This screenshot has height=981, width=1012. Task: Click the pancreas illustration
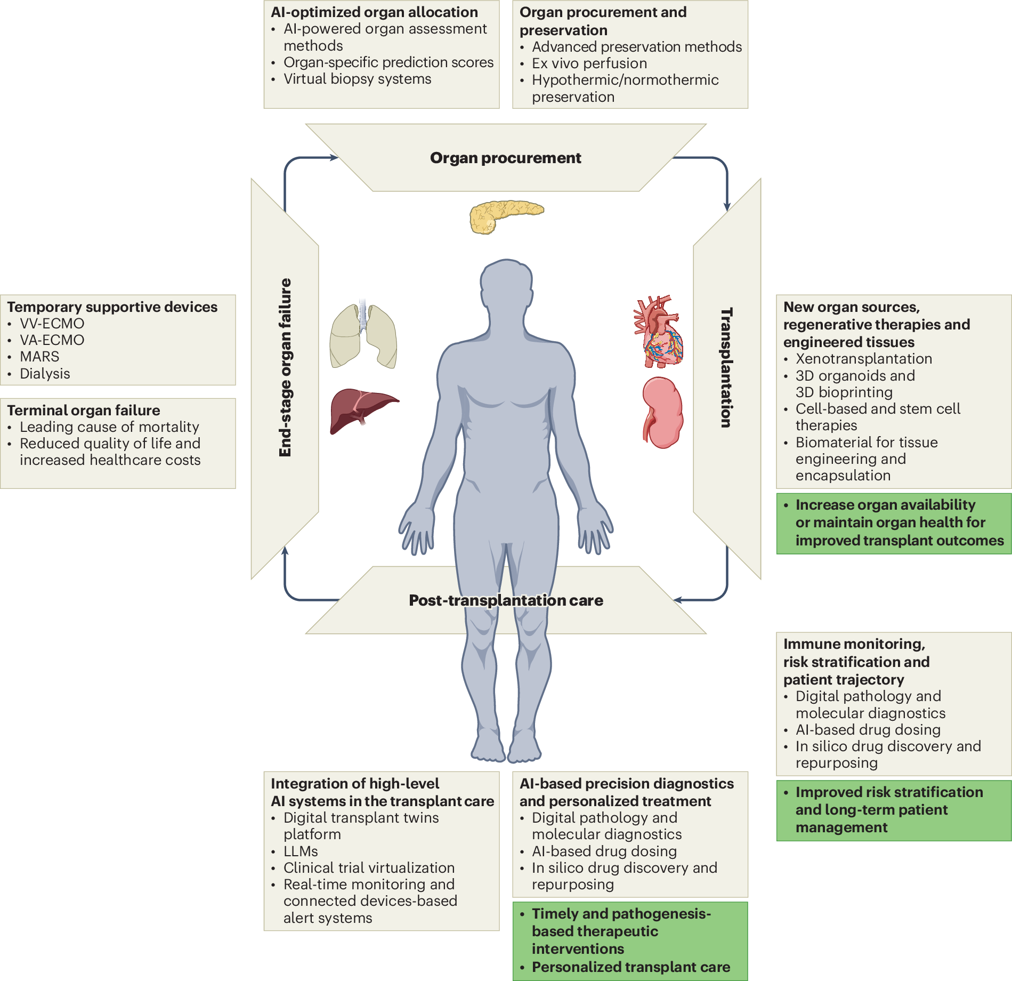[x=505, y=216]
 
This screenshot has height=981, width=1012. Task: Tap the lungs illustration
[x=363, y=336]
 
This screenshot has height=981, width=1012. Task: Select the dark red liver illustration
[x=362, y=409]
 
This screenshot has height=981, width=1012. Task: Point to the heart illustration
[x=659, y=332]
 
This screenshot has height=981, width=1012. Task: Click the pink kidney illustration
[x=662, y=412]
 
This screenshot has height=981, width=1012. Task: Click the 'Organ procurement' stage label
[x=505, y=158]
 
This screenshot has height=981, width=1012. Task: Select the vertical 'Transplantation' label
[x=726, y=367]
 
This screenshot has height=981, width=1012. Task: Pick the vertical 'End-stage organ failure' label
[x=286, y=367]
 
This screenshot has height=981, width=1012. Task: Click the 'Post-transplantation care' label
[x=506, y=600]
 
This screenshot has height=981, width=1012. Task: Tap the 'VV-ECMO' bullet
[x=52, y=324]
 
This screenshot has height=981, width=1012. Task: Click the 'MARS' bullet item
[x=39, y=357]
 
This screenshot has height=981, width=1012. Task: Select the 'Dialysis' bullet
[x=45, y=374]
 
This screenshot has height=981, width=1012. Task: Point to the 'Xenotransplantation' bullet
[x=863, y=359]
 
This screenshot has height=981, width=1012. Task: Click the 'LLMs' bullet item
[x=301, y=851]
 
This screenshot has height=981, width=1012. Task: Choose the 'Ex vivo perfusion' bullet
[x=589, y=63]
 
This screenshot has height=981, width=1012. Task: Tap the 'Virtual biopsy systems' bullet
[x=357, y=79]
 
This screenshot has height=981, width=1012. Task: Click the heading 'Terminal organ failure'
[x=84, y=411]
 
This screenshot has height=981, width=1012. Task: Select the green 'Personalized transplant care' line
[x=631, y=967]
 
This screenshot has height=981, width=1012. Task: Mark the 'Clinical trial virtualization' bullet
[x=369, y=868]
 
